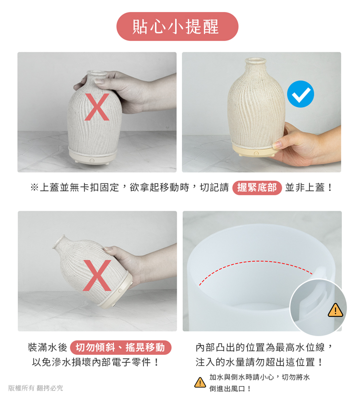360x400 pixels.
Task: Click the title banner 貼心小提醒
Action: pos(177,26)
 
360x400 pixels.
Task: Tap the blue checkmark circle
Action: pos(300,94)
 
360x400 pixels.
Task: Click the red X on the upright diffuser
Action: pos(97,107)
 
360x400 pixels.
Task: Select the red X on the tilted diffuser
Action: pos(97,276)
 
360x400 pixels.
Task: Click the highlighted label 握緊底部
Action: pos(257,188)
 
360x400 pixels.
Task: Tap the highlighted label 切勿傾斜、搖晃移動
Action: pos(120,348)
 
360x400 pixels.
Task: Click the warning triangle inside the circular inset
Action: pos(335,310)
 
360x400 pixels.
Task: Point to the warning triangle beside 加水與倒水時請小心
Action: pos(200,382)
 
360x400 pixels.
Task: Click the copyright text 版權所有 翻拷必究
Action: pos(36,388)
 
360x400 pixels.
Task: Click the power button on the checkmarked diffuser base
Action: pos(256,153)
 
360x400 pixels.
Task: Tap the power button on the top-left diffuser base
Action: pos(92,160)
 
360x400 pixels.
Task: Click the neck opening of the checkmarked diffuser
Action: pos(255,61)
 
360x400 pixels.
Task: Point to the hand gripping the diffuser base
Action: pos(306,144)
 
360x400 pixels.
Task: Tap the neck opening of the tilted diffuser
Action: pos(59,242)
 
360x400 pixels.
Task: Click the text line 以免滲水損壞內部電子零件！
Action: pos(96,362)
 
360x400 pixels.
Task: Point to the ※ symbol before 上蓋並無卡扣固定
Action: pos(35,188)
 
